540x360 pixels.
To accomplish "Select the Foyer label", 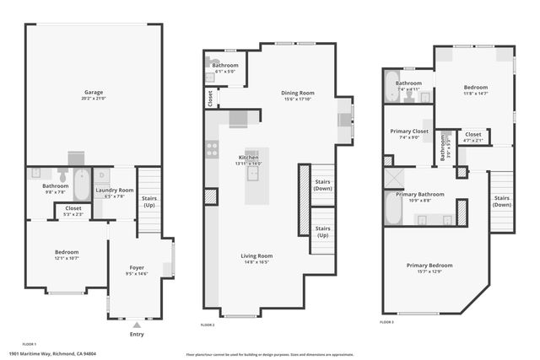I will [137, 267].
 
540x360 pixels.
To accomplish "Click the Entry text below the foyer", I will [137, 334].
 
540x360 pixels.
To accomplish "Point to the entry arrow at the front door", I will [137, 323].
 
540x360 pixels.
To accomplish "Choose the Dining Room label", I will [297, 93].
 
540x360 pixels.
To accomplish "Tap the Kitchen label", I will [248, 158].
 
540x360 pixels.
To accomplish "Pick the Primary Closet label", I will [408, 132].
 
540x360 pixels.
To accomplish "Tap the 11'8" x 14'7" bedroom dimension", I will [473, 94].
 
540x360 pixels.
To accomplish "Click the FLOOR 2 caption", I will [208, 325].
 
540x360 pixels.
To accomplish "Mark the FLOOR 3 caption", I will [386, 322].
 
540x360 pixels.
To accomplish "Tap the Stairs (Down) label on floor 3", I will [501, 201].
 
